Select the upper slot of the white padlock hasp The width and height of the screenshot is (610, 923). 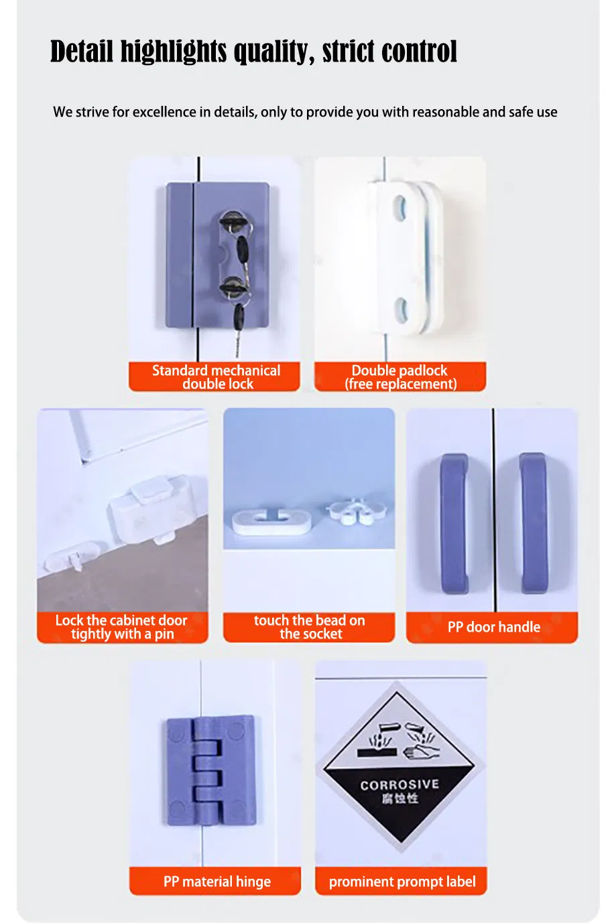(x=400, y=208)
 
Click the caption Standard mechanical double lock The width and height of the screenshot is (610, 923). (x=217, y=377)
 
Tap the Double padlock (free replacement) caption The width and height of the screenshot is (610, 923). (x=400, y=377)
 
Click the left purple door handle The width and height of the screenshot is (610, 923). (x=454, y=523)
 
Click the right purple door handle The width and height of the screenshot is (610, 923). (x=534, y=523)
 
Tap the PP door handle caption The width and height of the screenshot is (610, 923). (x=493, y=627)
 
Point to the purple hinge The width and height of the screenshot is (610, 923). (x=212, y=770)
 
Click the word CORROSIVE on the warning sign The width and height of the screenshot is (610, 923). (x=400, y=784)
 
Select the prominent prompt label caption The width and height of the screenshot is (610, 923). (x=402, y=881)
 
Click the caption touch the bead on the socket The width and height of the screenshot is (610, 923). (x=310, y=627)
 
